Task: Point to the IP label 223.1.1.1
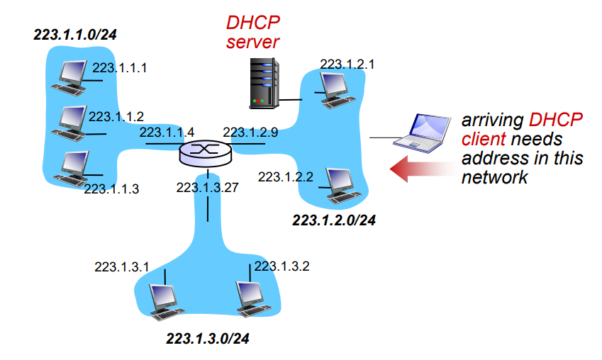pos(120,68)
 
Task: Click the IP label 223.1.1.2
pos(116,116)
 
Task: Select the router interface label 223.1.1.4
pos(167,132)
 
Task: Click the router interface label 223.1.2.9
pos(250,132)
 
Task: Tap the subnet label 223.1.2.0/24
pos(334,220)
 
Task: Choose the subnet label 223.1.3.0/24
pos(208,339)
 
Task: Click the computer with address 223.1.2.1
pos(333,89)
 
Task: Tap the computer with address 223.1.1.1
pos(72,78)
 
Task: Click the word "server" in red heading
pos(252,42)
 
